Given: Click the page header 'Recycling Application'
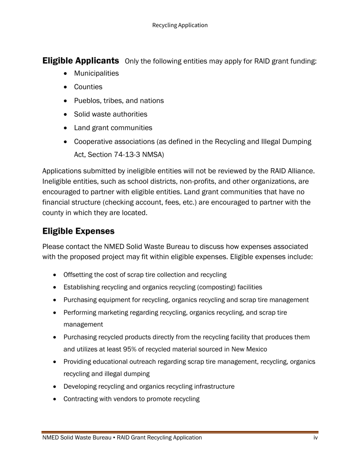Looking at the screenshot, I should pyautogui.click(x=180, y=25).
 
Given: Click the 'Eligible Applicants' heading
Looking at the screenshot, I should pyautogui.click(x=81, y=61).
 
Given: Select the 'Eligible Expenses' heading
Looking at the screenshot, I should pyautogui.click(x=78, y=231).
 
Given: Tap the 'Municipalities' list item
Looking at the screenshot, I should pyautogui.click(x=96, y=73).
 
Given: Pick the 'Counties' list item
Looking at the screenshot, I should pyautogui.click(x=88, y=87).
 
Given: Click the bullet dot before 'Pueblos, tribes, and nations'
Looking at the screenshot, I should pyautogui.click(x=67, y=101).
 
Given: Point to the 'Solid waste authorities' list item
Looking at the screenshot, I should pyautogui.click(x=111, y=114).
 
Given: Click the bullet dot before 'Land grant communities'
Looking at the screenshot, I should pyautogui.click(x=67, y=128).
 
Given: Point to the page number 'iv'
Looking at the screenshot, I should pyautogui.click(x=315, y=438).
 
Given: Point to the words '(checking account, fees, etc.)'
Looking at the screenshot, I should pyautogui.click(x=149, y=202).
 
